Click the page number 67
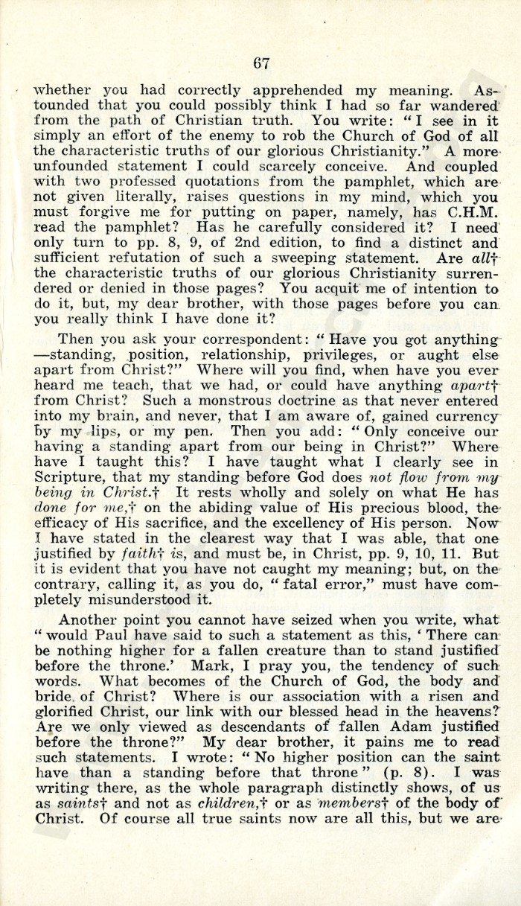[x=260, y=63]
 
